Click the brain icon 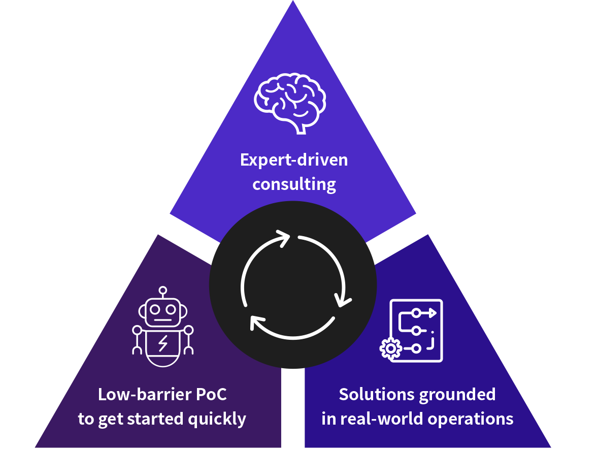290,103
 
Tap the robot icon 163,327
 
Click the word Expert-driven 294,159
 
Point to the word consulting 294,184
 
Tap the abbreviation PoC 211,394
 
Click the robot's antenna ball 163,291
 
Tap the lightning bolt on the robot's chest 163,343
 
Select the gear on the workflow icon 390,348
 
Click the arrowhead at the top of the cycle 283,238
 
